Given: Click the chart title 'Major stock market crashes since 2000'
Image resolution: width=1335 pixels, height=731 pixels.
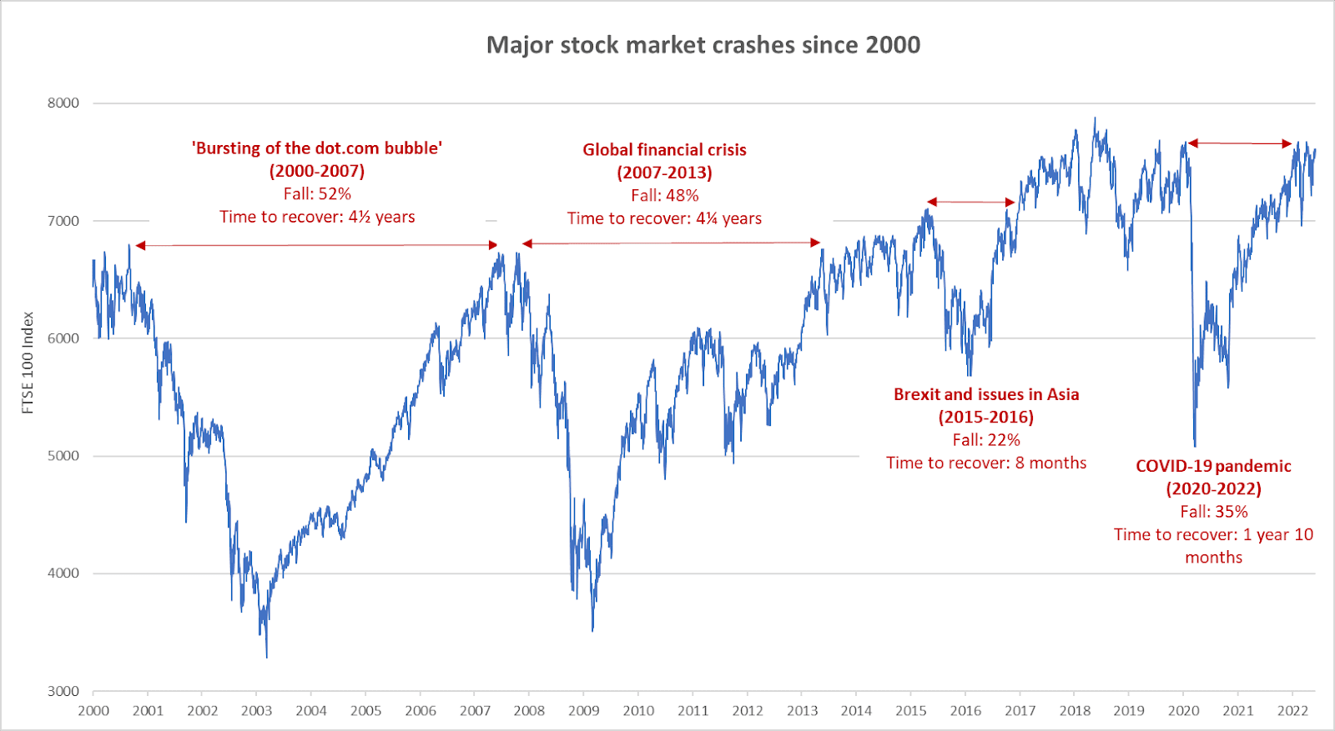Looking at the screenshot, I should pyautogui.click(x=703, y=45).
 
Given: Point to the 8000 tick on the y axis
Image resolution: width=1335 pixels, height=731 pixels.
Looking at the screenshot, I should pyautogui.click(x=63, y=103).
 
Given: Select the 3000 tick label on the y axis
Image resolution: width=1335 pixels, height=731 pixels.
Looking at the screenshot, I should pyautogui.click(x=63, y=691).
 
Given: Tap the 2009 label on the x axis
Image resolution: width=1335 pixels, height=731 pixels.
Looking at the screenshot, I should pyautogui.click(x=584, y=711).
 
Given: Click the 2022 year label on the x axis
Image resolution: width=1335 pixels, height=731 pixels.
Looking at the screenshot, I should pyautogui.click(x=1293, y=711).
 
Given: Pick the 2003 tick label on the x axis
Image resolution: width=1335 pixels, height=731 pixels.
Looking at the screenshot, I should pyautogui.click(x=257, y=711).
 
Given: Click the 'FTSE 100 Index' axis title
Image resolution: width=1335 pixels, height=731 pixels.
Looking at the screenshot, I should pyautogui.click(x=28, y=363).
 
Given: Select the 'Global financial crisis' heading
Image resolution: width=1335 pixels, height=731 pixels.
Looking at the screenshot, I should pyautogui.click(x=664, y=150).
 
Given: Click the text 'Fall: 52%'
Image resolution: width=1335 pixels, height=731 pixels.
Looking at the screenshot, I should pyautogui.click(x=317, y=194).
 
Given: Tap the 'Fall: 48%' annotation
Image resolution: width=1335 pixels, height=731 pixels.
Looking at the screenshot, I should pyautogui.click(x=664, y=196).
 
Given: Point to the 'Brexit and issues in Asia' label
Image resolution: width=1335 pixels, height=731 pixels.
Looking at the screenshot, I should pyautogui.click(x=986, y=394).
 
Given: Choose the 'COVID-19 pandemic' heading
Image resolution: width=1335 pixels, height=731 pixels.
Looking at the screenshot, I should pyautogui.click(x=1213, y=467).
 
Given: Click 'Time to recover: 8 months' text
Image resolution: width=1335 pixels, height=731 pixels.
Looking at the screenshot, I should pyautogui.click(x=986, y=463).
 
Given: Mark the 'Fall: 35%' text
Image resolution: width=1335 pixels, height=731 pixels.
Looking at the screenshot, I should pyautogui.click(x=1213, y=512).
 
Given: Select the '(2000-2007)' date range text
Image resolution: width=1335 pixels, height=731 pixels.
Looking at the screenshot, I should pyautogui.click(x=317, y=172).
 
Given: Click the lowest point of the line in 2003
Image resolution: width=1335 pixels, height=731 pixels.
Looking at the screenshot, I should pyautogui.click(x=267, y=657).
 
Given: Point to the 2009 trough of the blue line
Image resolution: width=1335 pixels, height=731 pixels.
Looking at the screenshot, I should pyautogui.click(x=592, y=630).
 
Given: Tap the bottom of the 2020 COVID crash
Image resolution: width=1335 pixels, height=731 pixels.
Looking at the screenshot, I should pyautogui.click(x=1195, y=445).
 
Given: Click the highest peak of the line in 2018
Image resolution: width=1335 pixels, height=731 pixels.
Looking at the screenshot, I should pyautogui.click(x=1096, y=118).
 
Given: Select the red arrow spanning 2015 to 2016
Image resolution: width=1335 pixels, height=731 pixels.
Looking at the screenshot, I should pyautogui.click(x=971, y=202).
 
